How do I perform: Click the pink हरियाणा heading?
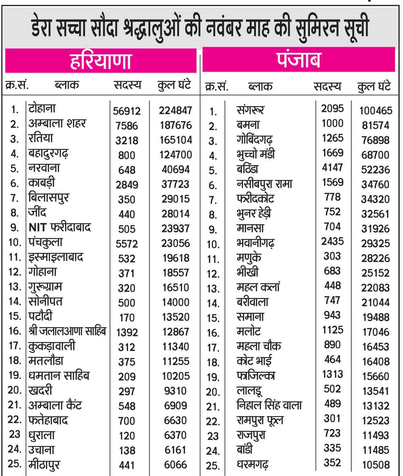click(101, 61)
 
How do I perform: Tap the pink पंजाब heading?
click(299, 60)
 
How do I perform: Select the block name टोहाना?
click(42, 108)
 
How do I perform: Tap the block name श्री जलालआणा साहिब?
click(68, 331)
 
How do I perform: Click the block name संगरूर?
click(251, 109)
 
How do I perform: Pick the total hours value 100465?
click(376, 110)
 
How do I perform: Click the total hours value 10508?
click(376, 465)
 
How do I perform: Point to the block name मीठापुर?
click(45, 464)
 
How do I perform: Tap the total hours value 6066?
click(175, 465)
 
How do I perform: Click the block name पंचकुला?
click(46, 242)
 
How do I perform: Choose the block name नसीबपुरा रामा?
click(264, 184)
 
